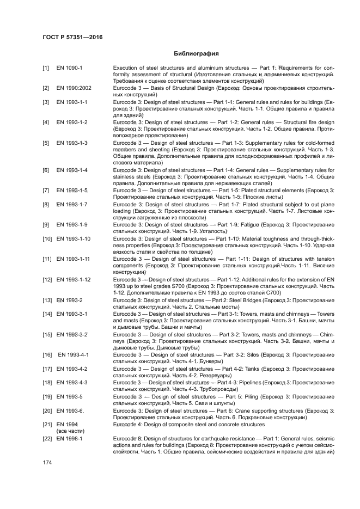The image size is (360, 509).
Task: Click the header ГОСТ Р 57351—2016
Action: point(72,37)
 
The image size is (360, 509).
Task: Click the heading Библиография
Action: point(196,54)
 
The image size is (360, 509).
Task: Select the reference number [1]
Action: point(46,68)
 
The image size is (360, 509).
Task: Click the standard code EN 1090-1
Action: point(69,68)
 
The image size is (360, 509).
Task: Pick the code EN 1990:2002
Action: point(74,88)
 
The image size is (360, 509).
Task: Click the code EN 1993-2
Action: point(69,300)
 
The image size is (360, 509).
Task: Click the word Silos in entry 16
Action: point(249,354)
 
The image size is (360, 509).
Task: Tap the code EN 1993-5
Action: point(69,396)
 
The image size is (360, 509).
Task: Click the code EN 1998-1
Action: point(69,438)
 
